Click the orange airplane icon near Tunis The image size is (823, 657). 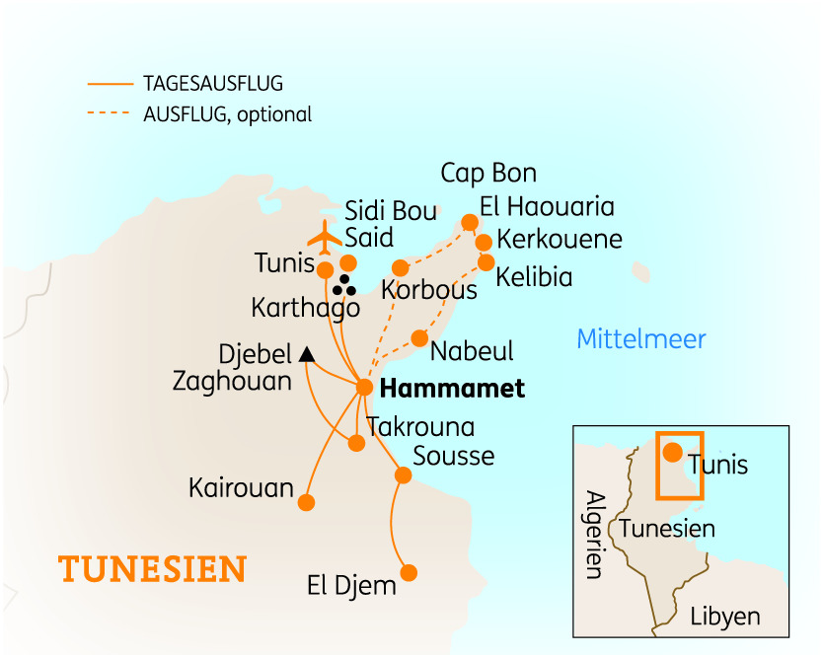pos(324,237)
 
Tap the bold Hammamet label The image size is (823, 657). pos(452,389)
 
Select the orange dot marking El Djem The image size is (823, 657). pos(409,572)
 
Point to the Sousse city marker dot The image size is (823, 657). pos(403,475)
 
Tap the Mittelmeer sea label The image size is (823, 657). pos(641,340)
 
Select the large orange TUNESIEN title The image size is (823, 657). pos(152,570)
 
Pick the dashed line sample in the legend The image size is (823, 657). pos(110,114)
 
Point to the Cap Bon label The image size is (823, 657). pos(488,175)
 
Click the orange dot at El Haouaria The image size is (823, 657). pos(470,222)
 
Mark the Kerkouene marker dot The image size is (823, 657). pos(484,243)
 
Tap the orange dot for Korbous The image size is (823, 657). pos(400,268)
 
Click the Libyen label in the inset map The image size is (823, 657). pos(725,617)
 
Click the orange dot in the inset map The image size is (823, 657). pos(672,454)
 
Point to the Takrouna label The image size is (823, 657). pos(420,427)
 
